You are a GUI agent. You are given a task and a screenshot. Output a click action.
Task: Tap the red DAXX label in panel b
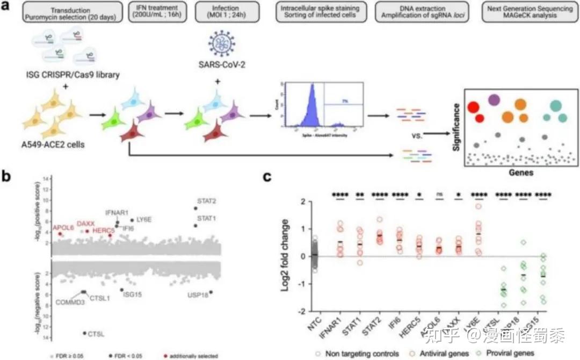[85, 223]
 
